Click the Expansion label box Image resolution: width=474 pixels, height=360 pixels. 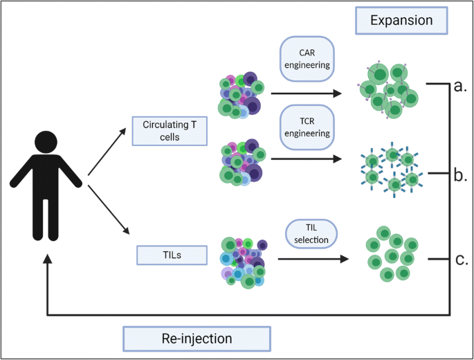[401, 21]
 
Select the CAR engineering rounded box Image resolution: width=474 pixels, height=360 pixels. [307, 59]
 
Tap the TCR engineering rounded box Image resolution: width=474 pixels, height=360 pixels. [307, 127]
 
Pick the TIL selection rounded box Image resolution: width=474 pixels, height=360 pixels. [311, 234]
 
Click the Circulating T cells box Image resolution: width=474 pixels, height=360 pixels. [170, 131]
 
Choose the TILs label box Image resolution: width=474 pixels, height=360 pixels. [172, 255]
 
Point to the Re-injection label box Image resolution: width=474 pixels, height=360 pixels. [197, 339]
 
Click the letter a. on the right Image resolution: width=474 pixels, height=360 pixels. [460, 86]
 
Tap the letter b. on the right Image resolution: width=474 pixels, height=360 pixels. [460, 175]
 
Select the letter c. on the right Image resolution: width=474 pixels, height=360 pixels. [462, 260]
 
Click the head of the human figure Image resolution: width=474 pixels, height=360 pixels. [46, 142]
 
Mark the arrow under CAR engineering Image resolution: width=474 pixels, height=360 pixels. [307, 93]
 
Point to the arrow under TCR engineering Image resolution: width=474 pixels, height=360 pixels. [307, 159]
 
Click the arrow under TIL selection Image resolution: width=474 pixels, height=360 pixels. [313, 259]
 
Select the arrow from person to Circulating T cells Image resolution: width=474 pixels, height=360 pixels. [107, 151]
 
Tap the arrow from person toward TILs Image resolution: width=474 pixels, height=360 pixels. [109, 210]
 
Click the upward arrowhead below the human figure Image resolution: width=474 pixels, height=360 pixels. [47, 259]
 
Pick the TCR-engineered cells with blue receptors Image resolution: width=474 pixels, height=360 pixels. [392, 170]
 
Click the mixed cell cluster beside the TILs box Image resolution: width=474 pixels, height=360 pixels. [244, 262]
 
